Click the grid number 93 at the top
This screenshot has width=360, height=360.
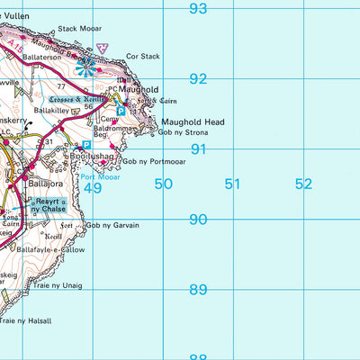198,9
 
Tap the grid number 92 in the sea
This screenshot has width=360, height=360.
198,79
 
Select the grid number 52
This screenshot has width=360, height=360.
303,184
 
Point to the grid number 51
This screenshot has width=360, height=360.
233,184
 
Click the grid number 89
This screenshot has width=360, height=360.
198,290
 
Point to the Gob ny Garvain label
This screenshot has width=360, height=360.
113,225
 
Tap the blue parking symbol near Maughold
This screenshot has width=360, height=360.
122,111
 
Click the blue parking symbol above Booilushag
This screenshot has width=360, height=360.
86,144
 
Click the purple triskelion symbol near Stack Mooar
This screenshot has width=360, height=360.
103,45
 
